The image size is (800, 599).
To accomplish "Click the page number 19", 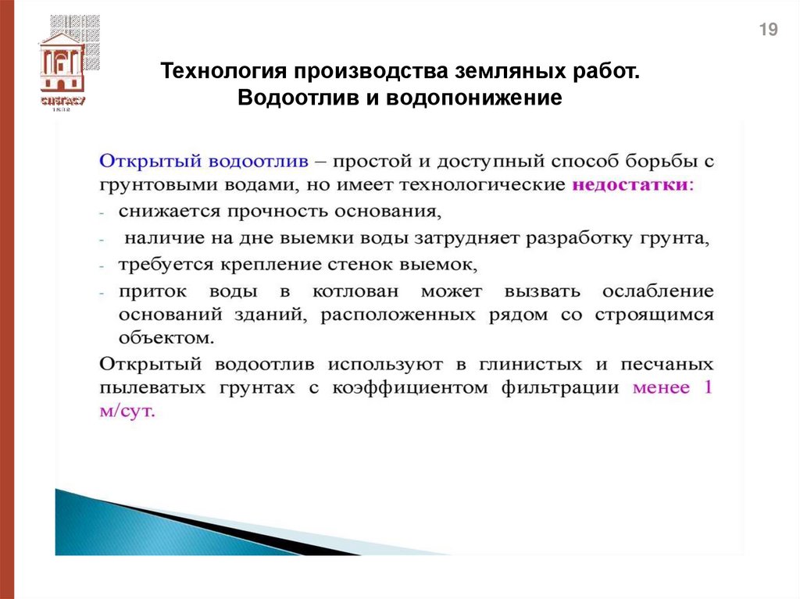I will pyautogui.click(x=769, y=30).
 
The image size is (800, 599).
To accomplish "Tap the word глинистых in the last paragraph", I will pyautogui.click(x=534, y=364).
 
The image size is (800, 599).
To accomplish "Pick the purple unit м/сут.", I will pyautogui.click(x=128, y=412).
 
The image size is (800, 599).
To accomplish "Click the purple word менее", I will pyautogui.click(x=661, y=388).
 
